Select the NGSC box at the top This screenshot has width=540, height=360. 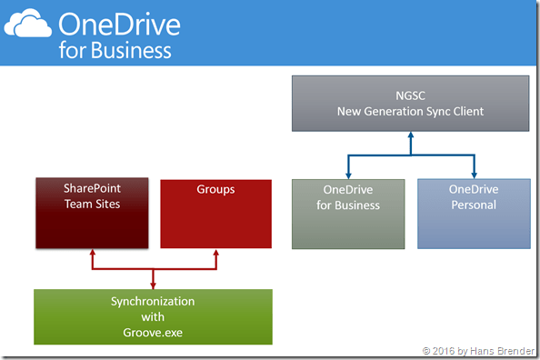[410, 103]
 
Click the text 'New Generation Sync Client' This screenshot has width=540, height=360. [410, 111]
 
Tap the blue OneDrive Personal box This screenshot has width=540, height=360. [473, 214]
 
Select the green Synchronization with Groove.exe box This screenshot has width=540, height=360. [153, 316]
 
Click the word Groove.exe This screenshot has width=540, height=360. [153, 333]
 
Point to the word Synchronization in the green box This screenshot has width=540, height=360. [153, 301]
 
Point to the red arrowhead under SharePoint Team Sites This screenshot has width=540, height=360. [92, 255]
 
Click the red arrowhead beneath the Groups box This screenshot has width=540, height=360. [215, 255]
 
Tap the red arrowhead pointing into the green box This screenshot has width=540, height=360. [153, 285]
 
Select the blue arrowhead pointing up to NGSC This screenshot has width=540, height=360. [410, 135]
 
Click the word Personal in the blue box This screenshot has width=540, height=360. [473, 205]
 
